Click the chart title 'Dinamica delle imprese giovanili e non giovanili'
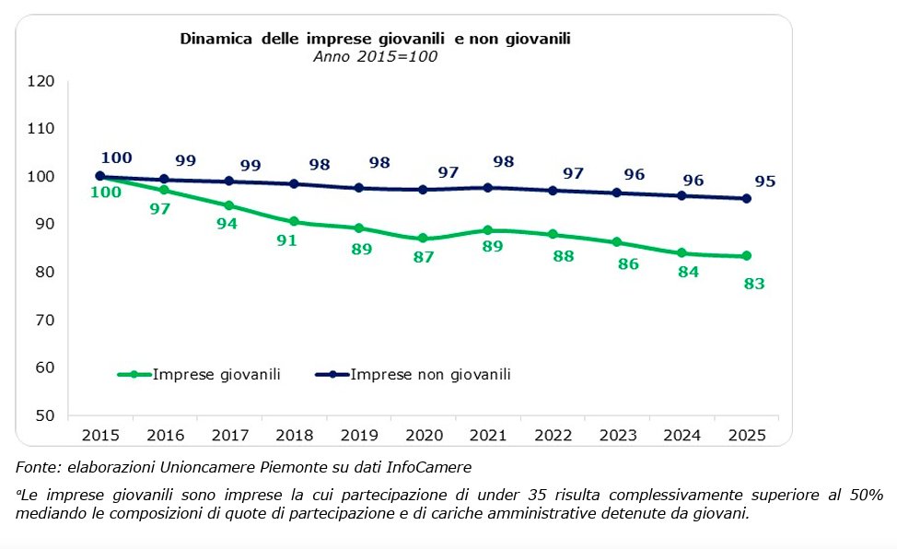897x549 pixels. pos(376,39)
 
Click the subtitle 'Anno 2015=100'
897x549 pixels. pos(375,56)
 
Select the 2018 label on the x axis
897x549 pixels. pos(294,434)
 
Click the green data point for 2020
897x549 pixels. pos(423,239)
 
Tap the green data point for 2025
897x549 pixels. pos(747,256)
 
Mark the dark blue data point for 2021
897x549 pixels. pos(488,187)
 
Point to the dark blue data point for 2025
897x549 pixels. pos(747,198)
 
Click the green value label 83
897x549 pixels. pos(753,284)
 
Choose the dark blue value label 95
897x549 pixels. pos(765,181)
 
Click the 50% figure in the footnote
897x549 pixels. pos(864,496)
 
